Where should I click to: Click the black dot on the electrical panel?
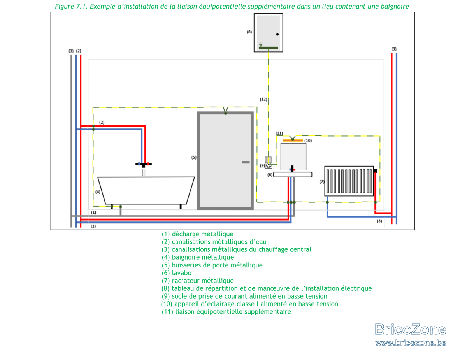[277, 34]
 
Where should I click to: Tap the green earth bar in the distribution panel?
[268, 48]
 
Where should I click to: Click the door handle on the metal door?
[246, 162]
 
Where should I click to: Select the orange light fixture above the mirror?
[293, 140]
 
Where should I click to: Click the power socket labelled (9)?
[269, 162]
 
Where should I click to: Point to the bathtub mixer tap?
[144, 164]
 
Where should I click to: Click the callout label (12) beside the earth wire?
[263, 99]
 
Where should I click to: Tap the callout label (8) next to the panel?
[249, 32]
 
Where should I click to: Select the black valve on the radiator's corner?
[375, 171]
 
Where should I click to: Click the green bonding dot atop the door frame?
[225, 113]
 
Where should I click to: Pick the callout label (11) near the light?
[279, 133]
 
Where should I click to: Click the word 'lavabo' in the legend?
[182, 273]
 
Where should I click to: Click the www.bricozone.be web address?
[411, 343]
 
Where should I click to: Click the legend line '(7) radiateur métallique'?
[198, 281]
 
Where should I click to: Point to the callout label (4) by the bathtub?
[98, 192]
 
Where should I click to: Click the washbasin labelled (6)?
[293, 174]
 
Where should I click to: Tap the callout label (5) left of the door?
[194, 157]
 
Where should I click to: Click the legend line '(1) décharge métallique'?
[198, 234]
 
